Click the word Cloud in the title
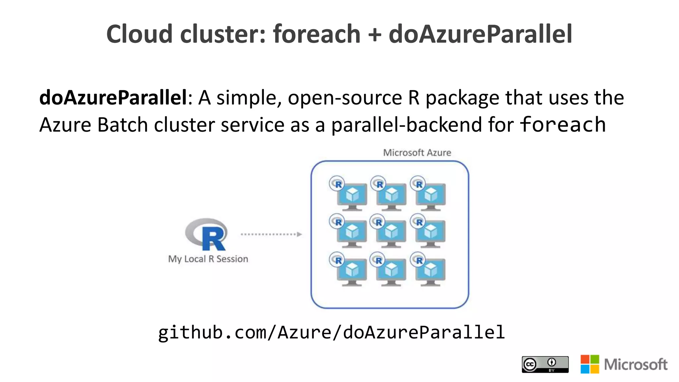[x=139, y=34]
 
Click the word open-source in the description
[x=345, y=98]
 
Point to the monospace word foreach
[x=563, y=125]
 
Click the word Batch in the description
[x=123, y=125]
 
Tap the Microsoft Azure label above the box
[x=417, y=153]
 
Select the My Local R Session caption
[x=208, y=259]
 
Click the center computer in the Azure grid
[x=391, y=233]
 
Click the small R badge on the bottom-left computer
[x=337, y=260]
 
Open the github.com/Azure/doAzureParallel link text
[x=332, y=332]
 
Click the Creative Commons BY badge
[x=545, y=364]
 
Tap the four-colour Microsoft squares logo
[x=590, y=364]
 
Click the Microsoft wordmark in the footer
[x=636, y=364]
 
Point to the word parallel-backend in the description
[x=406, y=125]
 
